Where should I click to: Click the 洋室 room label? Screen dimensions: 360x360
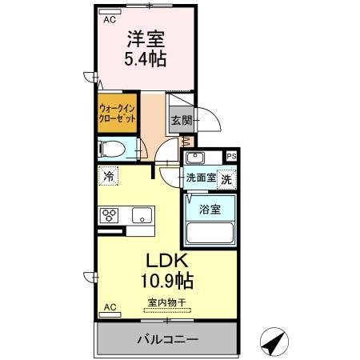point(145,38)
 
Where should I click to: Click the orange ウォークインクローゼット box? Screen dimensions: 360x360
point(114,113)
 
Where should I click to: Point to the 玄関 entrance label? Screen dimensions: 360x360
point(180,122)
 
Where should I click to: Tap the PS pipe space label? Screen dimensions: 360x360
point(230,157)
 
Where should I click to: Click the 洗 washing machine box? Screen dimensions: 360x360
point(227,179)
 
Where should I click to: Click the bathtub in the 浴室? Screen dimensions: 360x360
point(210,234)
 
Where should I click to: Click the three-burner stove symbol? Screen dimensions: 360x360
point(109,216)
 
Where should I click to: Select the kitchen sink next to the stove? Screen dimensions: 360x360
point(141,216)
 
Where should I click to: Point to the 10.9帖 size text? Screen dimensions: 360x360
point(167,282)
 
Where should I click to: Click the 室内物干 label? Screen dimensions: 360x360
point(166,302)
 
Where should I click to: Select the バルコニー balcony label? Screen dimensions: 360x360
point(166,340)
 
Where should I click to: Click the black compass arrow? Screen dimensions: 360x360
point(274,342)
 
